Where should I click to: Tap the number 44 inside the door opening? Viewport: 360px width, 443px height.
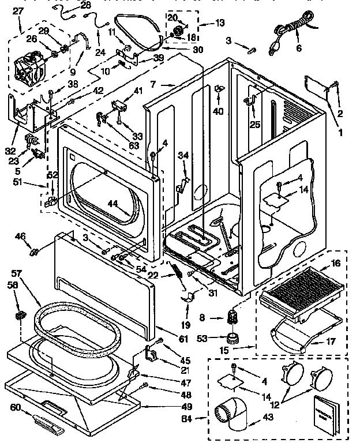114,204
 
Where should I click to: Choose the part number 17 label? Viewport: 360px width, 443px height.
331,341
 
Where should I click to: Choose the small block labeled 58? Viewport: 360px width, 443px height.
20,314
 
